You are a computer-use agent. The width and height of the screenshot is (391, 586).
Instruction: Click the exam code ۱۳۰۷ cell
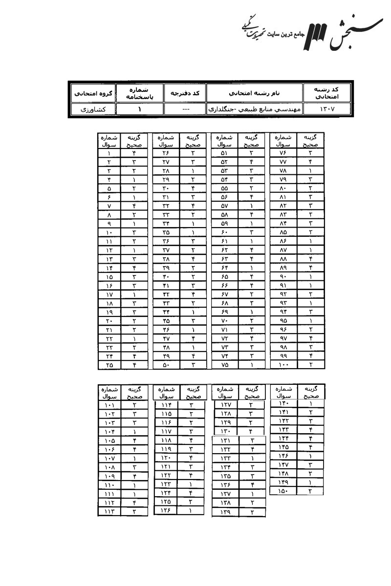point(327,109)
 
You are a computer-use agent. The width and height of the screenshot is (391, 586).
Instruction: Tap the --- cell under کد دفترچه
point(185,109)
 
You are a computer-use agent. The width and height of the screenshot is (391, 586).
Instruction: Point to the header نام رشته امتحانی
point(255,93)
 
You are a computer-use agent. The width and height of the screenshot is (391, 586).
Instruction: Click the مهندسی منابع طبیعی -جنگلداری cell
point(255,109)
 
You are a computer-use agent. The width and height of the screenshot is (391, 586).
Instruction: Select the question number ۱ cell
point(109,153)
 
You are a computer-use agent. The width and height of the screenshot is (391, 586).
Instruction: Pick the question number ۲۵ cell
point(109,364)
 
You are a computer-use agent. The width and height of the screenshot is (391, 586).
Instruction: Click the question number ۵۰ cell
point(166,364)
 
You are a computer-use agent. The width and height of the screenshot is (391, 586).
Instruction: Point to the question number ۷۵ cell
point(224,364)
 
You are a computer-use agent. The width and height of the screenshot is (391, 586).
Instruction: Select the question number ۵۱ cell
point(224,153)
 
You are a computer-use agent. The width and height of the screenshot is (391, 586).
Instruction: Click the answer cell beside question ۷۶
point(310,153)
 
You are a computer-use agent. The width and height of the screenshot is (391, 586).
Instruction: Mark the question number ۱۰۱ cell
point(109,405)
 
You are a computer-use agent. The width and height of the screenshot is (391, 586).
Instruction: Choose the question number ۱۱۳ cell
point(109,511)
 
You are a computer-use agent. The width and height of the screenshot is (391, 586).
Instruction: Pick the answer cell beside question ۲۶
point(193,153)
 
